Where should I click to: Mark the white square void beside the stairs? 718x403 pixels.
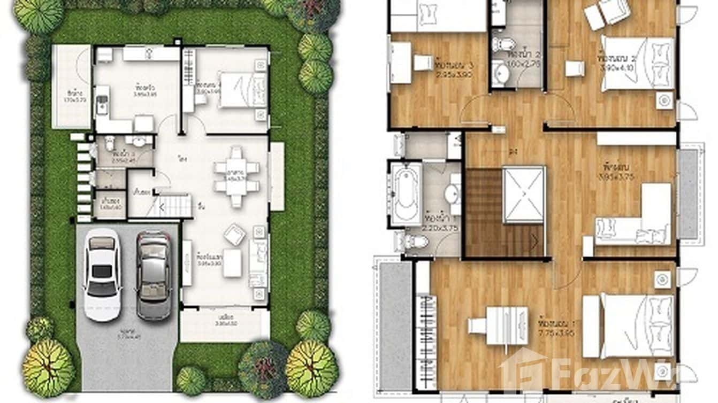pos(524,195)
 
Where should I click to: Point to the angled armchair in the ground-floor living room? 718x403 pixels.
pos(235,234)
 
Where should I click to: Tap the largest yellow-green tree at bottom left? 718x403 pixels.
pos(48,368)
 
